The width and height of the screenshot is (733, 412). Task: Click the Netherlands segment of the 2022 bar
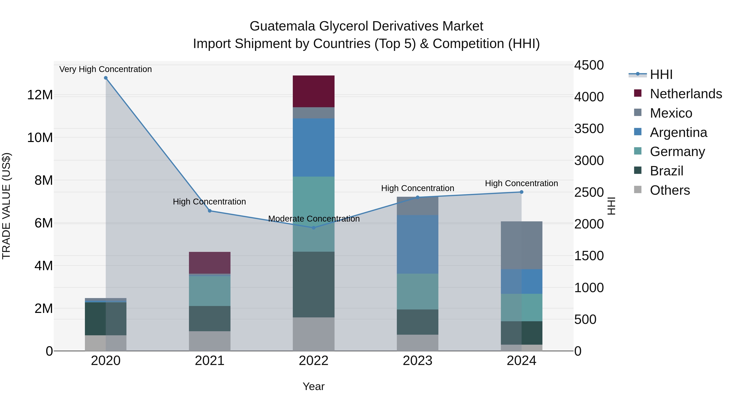[x=314, y=91]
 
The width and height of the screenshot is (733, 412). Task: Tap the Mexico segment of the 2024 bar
[x=521, y=245]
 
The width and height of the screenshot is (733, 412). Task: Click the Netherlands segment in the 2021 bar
[x=210, y=262]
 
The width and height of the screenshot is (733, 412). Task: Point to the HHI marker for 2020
[x=105, y=78]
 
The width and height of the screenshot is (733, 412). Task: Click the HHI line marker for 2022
[x=314, y=228]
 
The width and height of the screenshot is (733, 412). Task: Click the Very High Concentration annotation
[x=105, y=69]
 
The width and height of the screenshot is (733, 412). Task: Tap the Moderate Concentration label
[x=314, y=219]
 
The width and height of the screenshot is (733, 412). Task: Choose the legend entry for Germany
[x=677, y=152]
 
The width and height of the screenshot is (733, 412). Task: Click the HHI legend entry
[x=661, y=74]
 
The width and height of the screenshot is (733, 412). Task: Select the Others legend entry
[x=669, y=190]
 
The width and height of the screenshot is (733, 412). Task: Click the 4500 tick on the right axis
[x=588, y=65]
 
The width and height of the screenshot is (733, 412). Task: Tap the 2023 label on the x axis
[x=417, y=361]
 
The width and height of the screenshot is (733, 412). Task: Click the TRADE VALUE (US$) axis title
[x=6, y=206]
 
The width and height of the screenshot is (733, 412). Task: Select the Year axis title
[x=314, y=386]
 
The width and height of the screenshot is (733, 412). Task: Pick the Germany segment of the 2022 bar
[x=314, y=214]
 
